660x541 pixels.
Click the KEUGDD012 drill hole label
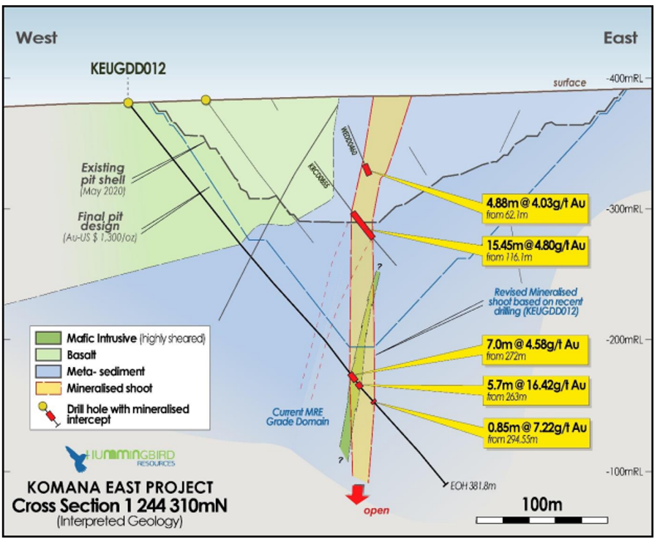(x=128, y=69)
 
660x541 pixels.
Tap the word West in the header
(x=37, y=37)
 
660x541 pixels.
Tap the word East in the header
(x=620, y=37)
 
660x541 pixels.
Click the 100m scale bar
(x=541, y=520)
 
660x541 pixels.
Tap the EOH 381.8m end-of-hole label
(x=475, y=485)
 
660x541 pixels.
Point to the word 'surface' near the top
(x=569, y=83)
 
